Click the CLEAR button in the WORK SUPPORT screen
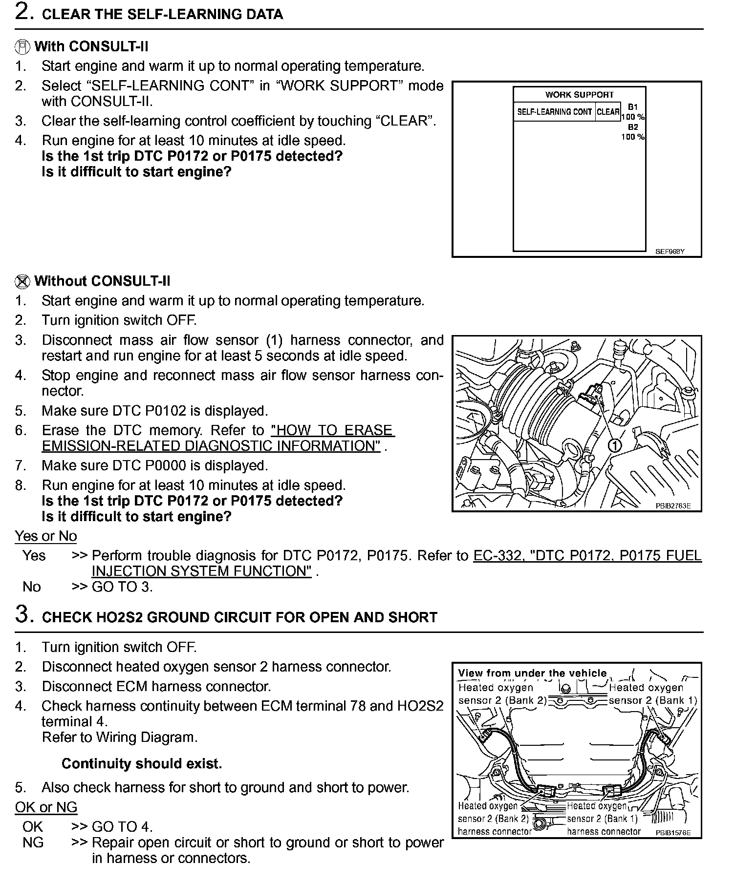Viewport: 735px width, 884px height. tap(608, 112)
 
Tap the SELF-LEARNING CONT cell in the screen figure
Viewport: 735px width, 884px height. tap(554, 112)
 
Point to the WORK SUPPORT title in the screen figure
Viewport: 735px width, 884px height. tap(579, 95)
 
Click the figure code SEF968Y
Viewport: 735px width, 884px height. tap(670, 252)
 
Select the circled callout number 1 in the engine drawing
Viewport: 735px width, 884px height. tap(615, 445)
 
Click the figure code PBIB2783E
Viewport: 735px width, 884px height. tap(673, 506)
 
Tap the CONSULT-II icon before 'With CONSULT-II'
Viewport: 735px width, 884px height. tap(22, 47)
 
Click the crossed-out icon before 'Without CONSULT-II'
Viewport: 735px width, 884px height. tap(22, 282)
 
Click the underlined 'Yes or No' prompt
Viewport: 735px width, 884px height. tap(46, 536)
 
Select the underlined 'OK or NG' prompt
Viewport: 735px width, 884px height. tap(46, 808)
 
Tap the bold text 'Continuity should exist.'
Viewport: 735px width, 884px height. tap(142, 764)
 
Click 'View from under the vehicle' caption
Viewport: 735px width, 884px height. tap(532, 673)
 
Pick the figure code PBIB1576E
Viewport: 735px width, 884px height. tap(673, 832)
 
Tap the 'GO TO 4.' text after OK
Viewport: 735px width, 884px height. tap(122, 827)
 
